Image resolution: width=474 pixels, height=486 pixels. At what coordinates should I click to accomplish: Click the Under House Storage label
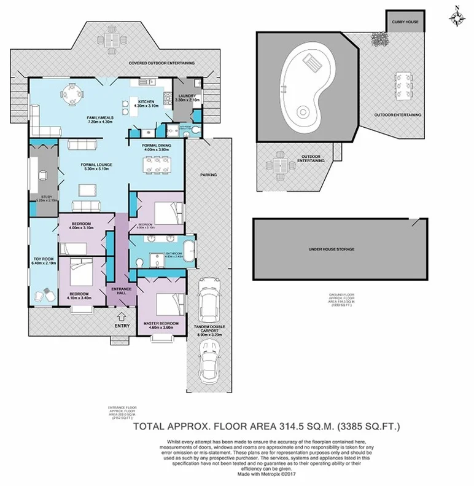pyautogui.click(x=332, y=249)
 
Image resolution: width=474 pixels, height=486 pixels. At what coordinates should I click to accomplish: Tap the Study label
pyautogui.click(x=39, y=198)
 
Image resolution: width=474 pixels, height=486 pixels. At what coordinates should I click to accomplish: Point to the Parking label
pyautogui.click(x=208, y=174)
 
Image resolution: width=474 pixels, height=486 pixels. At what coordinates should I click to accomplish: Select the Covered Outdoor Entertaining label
pyautogui.click(x=161, y=63)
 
